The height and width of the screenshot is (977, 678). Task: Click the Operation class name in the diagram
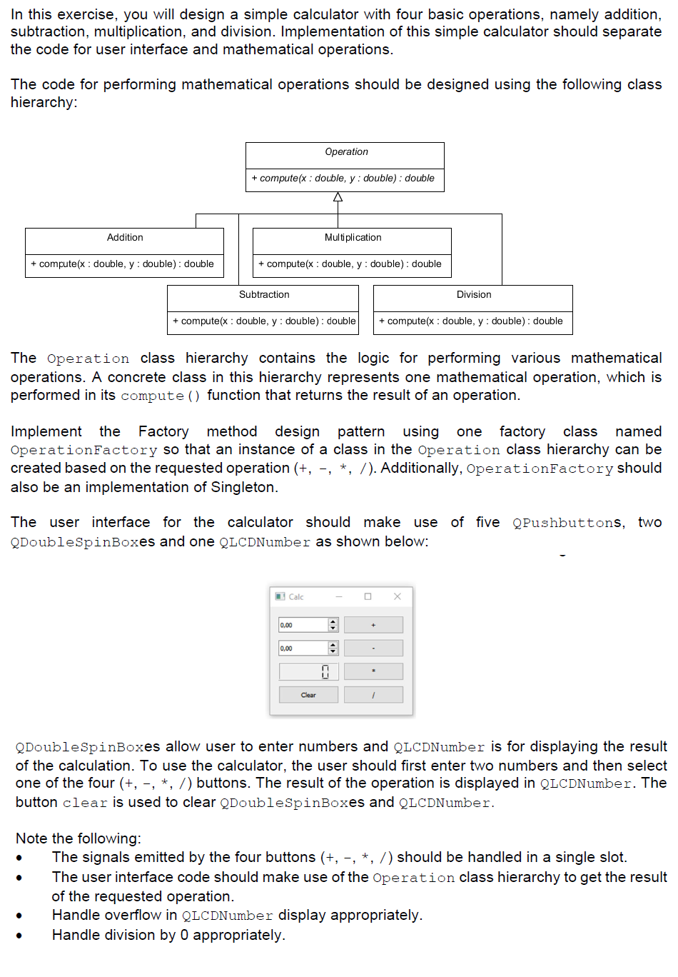point(346,152)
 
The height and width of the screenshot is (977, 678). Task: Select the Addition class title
point(125,238)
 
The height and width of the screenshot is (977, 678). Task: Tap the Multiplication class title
point(353,238)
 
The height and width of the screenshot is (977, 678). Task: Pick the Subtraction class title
point(264,295)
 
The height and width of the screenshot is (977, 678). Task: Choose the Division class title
point(474,295)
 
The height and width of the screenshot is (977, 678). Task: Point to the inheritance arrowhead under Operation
point(338,197)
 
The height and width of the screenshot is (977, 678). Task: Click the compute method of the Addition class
point(122,264)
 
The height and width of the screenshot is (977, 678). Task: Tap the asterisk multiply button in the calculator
point(373,671)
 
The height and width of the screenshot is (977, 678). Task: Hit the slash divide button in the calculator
point(373,695)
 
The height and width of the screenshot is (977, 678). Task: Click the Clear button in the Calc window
point(308,695)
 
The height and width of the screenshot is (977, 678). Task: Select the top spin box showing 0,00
point(303,625)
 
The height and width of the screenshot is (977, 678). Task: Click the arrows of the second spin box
point(333,648)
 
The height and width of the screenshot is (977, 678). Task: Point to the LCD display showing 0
point(308,671)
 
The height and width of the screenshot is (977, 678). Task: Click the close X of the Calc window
point(398,596)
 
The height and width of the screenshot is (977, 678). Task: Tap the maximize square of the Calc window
point(368,596)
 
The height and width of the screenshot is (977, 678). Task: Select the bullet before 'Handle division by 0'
point(19,936)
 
